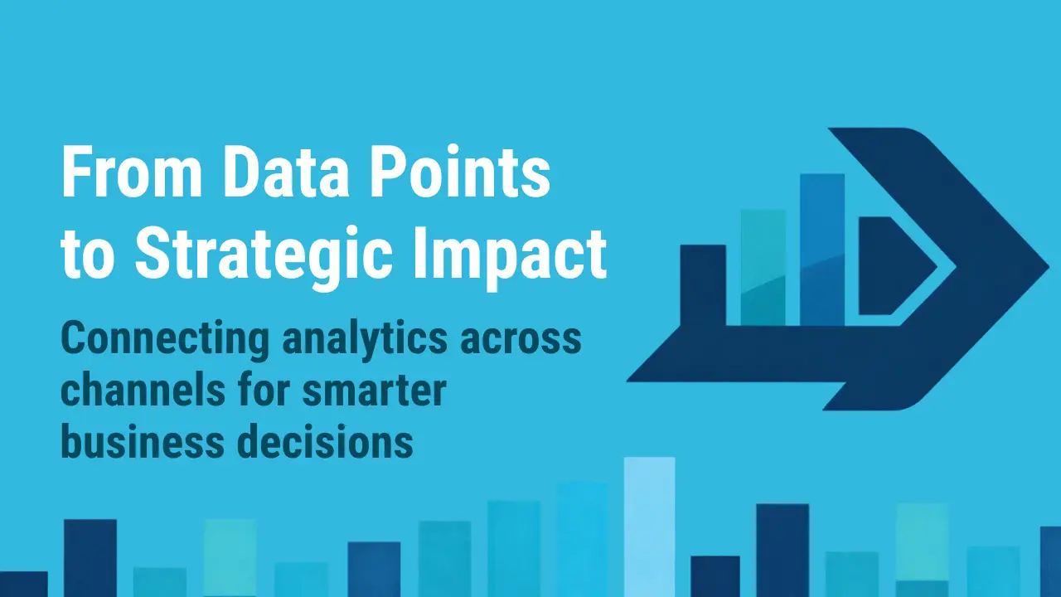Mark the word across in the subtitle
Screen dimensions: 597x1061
click(x=530, y=340)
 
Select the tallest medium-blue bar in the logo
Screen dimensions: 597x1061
click(x=822, y=249)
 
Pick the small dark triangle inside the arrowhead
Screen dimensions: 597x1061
click(x=891, y=265)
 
